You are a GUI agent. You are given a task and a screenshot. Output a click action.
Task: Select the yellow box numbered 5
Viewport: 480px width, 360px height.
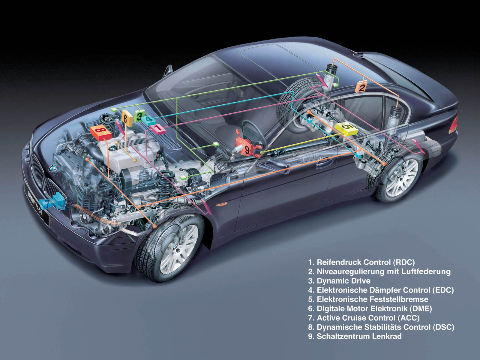(346, 128)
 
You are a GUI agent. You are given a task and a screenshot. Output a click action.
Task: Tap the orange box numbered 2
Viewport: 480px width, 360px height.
(361, 87)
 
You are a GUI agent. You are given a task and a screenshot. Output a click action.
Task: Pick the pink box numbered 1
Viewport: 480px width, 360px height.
(158, 129)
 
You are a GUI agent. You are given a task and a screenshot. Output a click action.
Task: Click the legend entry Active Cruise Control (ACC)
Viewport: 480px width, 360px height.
(364, 318)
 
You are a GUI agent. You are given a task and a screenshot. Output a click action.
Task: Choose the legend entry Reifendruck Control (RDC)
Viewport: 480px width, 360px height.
(361, 262)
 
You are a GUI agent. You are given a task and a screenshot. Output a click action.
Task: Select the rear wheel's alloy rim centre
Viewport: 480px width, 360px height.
(402, 177)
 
